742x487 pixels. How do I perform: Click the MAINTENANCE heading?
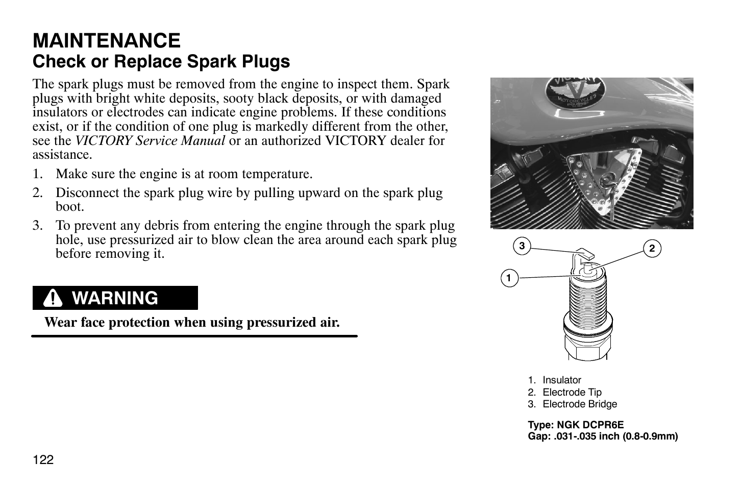[106, 40]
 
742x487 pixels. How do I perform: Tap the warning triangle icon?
[53, 298]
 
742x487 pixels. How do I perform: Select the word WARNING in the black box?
[115, 298]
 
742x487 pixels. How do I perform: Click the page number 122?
[43, 460]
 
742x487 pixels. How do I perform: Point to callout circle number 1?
[508, 278]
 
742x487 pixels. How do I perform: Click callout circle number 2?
[652, 249]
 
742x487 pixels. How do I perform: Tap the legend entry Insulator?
[561, 380]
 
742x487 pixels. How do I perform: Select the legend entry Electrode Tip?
[572, 393]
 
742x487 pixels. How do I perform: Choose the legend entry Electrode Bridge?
[579, 404]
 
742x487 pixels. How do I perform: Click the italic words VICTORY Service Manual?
[150, 141]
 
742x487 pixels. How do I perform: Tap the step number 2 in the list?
[37, 193]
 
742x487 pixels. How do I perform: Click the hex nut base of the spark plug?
[587, 350]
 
